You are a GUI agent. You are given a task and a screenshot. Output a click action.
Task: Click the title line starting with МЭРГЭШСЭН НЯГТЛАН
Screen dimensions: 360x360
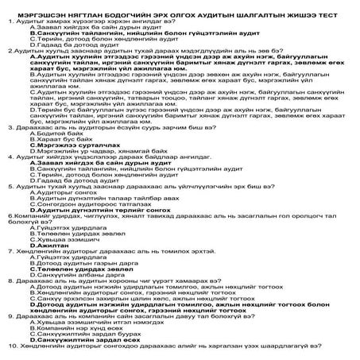[180, 6]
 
